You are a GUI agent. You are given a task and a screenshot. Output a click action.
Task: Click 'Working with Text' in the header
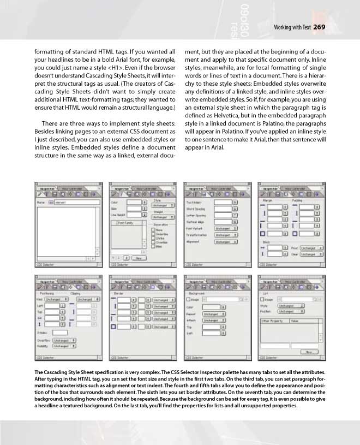[x=292, y=28]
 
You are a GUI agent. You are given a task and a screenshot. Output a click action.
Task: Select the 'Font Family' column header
[x=125, y=222]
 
